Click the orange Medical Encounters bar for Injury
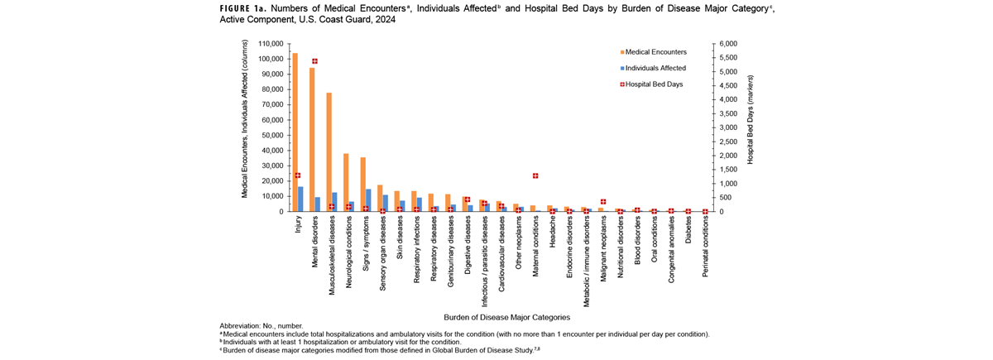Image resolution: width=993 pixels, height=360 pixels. point(295,132)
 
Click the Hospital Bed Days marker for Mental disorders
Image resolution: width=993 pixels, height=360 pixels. point(314,61)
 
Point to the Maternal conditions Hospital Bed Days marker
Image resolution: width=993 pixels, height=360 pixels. point(535,175)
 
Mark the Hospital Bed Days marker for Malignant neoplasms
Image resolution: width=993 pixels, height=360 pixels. point(604,202)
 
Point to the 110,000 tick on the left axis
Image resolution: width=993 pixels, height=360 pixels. point(269,44)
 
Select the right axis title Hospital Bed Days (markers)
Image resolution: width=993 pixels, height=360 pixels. point(750,127)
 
